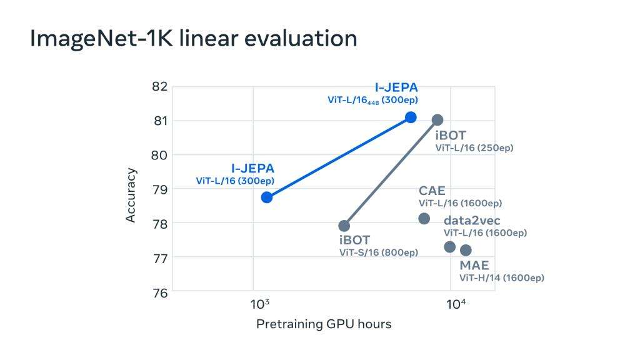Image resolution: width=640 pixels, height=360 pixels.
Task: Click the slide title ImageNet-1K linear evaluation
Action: (194, 39)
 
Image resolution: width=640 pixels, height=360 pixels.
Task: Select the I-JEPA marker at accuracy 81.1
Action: (411, 117)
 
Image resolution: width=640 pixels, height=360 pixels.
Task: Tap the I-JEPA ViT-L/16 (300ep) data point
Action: (267, 197)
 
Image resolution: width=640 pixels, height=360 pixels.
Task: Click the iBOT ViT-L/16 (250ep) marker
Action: (437, 119)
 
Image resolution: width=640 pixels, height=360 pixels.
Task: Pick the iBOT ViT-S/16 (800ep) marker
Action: (344, 226)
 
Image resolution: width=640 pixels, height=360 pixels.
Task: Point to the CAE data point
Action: (424, 218)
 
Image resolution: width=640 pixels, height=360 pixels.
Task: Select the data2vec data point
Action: (449, 247)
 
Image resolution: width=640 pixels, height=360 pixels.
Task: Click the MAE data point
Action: (466, 250)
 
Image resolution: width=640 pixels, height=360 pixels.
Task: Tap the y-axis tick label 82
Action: (160, 86)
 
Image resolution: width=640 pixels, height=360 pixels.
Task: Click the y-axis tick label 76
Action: (160, 291)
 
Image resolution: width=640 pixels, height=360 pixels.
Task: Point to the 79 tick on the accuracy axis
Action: (160, 189)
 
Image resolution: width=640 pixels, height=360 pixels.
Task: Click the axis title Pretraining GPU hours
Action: (324, 324)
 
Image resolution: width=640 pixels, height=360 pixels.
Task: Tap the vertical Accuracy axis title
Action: (131, 194)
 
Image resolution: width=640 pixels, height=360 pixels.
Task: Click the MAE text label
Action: (474, 266)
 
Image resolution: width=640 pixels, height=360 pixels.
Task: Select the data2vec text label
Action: (472, 221)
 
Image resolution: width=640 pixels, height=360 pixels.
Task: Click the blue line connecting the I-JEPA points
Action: (339, 157)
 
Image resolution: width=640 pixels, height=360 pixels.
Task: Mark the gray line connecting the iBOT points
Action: (391, 172)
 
